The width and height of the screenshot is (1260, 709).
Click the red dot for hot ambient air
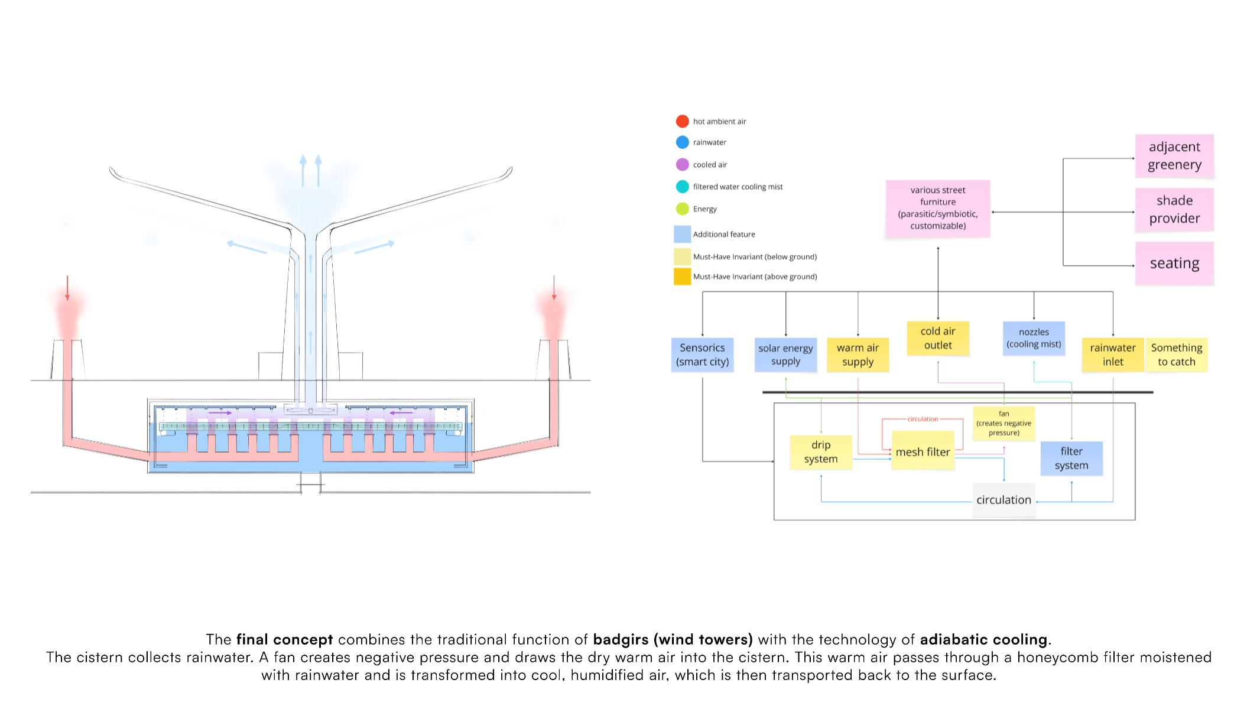(x=682, y=121)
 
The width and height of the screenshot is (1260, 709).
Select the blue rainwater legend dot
(x=682, y=142)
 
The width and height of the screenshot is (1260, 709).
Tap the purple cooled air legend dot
(x=682, y=164)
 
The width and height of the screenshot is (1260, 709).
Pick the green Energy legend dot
(x=682, y=209)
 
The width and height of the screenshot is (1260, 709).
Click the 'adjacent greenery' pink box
(x=1174, y=156)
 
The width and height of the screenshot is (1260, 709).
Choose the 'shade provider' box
(x=1174, y=210)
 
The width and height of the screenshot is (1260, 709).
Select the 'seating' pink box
(x=1174, y=264)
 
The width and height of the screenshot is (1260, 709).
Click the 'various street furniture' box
(x=937, y=209)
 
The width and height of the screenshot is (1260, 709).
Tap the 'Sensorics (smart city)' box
(x=702, y=355)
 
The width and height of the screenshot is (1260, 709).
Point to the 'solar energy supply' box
(x=785, y=355)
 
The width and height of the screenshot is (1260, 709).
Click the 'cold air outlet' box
(x=937, y=339)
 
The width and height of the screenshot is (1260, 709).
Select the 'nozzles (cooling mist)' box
(x=1033, y=339)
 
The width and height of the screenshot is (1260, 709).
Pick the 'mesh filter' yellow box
(x=922, y=452)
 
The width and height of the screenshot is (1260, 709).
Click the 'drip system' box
(x=820, y=452)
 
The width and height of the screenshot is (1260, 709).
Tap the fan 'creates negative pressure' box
(x=1004, y=424)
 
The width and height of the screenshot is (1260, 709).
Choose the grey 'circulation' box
(x=1004, y=500)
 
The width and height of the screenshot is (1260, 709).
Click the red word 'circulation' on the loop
(x=922, y=419)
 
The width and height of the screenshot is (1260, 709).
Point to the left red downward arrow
(x=67, y=288)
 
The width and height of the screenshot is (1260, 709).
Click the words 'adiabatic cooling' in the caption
(x=983, y=640)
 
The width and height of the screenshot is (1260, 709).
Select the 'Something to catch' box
(x=1176, y=355)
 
